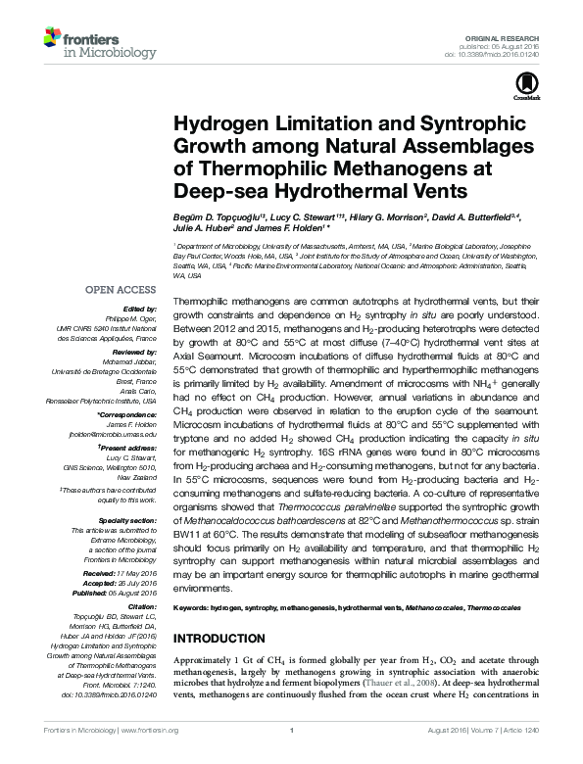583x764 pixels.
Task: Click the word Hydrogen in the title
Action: pos(219,125)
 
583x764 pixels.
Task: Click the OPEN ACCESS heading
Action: pos(121,291)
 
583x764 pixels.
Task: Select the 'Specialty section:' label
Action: pos(126,520)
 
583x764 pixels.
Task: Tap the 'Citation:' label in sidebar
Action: pos(139,607)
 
